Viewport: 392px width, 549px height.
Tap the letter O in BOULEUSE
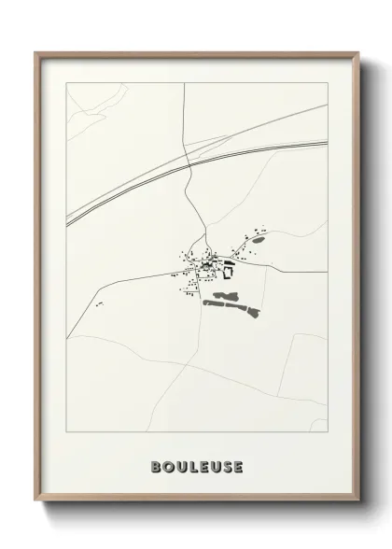[x=166, y=466]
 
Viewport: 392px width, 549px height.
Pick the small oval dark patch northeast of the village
[x=258, y=241]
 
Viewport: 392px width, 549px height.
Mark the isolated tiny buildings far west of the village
[x=98, y=304]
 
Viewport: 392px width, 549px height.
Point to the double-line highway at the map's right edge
[x=325, y=143]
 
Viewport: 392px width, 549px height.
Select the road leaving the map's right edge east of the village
[x=325, y=272]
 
